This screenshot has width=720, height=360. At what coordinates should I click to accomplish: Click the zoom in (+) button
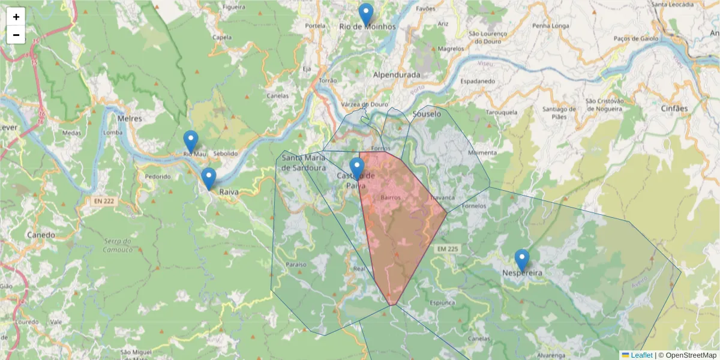coord(16,17)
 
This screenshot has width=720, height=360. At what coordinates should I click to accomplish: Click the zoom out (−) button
coord(16,35)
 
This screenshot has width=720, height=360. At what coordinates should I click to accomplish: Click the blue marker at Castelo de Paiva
coord(357,169)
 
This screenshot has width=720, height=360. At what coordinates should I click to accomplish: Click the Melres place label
coord(130,119)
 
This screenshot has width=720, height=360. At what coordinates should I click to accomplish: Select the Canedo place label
coord(41,235)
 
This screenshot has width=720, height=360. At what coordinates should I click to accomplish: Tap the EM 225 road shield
coord(448,248)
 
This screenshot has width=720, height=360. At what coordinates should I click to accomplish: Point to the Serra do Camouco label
coord(117,245)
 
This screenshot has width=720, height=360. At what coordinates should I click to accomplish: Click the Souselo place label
coord(427,113)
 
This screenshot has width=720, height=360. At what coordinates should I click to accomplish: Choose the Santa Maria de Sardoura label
coord(304,163)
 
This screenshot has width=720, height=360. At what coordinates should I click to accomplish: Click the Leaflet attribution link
coord(641,355)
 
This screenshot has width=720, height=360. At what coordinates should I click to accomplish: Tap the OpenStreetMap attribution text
coord(691,355)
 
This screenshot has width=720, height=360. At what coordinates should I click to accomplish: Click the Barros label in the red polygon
coord(390,197)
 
